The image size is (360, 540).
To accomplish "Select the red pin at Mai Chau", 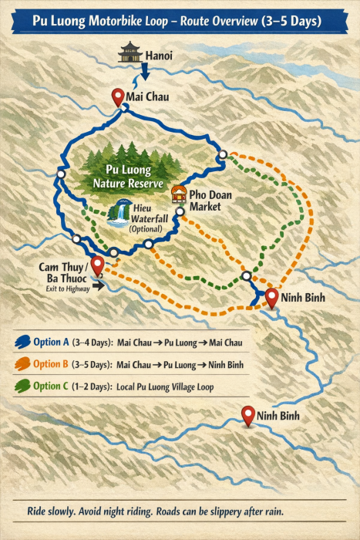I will click(117, 97).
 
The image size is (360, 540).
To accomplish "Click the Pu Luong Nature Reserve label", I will click(126, 177).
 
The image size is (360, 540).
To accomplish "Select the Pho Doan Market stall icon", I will click(178, 193).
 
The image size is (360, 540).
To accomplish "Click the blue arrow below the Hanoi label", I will click(145, 76).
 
